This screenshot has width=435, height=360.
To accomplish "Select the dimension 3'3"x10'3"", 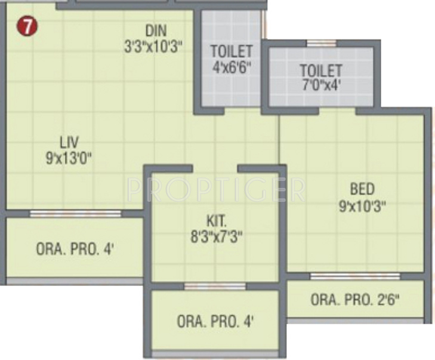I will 153,47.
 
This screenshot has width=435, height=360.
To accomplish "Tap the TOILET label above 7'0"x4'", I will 321,70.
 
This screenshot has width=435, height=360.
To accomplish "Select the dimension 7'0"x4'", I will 321,85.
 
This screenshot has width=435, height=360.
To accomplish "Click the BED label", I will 362,190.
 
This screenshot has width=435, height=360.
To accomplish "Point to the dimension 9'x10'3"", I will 362,206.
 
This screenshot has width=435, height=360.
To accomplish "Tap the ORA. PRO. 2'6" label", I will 355,299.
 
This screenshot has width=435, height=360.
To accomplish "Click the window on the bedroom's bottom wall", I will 355,276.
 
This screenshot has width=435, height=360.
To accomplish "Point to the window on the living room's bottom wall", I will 75,213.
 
